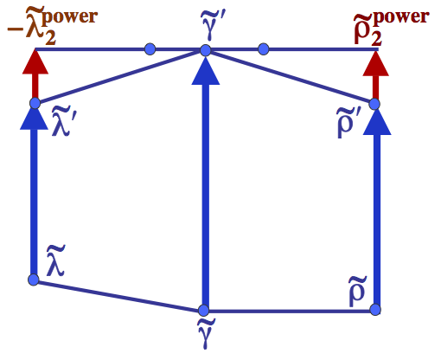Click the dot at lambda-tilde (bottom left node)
tap(34, 280)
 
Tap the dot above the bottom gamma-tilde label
tap(204, 310)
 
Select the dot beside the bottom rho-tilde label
tap(377, 310)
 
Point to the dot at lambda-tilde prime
tap(35, 104)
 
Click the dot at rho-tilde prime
tap(375, 104)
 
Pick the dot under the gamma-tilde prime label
tap(205, 50)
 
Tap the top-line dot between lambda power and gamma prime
tap(150, 48)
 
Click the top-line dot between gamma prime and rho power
tap(263, 48)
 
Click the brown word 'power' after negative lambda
tap(73, 16)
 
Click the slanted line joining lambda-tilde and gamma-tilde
tap(118, 294)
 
